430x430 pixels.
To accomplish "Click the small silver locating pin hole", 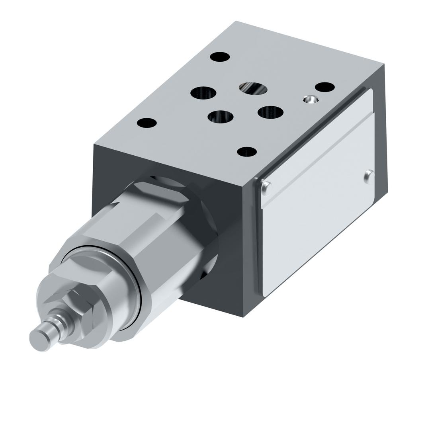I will (x=311, y=99).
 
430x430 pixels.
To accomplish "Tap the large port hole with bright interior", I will (x=253, y=88).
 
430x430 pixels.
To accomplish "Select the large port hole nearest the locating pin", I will (x=270, y=112).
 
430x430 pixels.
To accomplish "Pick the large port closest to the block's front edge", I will (x=221, y=117).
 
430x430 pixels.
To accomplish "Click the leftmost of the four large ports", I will (x=203, y=93).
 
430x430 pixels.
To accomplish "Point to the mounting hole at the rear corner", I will (x=220, y=57).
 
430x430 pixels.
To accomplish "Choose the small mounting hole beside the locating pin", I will (x=324, y=87).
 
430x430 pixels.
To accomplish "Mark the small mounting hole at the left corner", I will (x=147, y=123).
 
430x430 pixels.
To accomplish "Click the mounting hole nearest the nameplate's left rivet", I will (x=246, y=152).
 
